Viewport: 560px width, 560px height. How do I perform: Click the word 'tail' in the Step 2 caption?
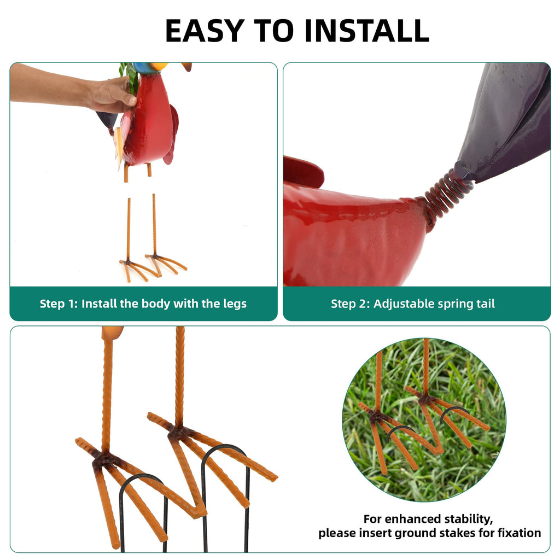pos(486,304)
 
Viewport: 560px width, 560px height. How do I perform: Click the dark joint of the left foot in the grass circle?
pos(376,416)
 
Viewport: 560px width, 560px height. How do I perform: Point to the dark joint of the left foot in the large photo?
pos(103,459)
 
